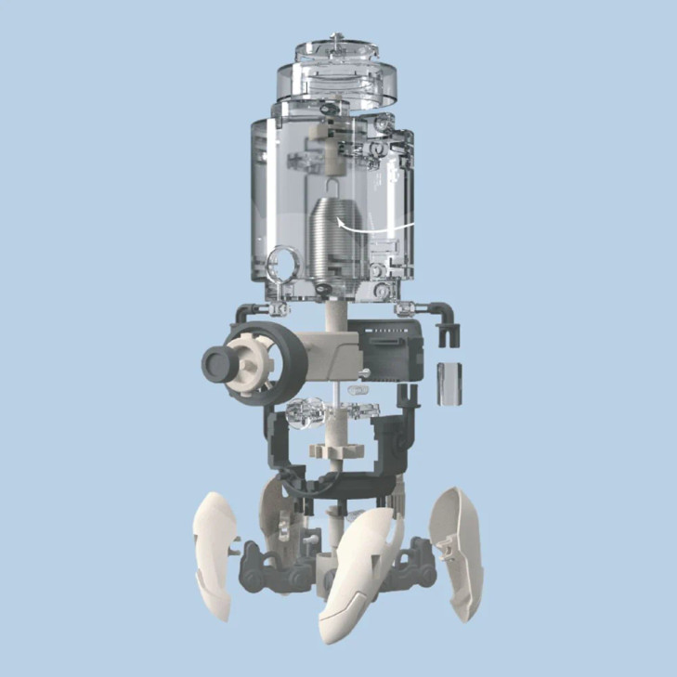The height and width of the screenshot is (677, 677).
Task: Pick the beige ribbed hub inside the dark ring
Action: point(249,358)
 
